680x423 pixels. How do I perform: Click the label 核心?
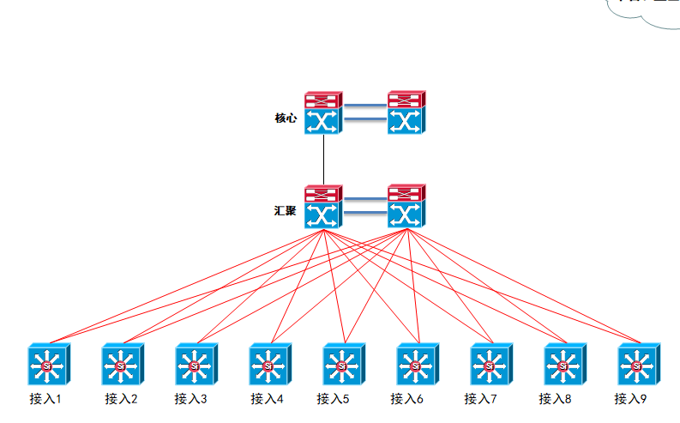(x=286, y=118)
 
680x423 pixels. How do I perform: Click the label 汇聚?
(x=286, y=210)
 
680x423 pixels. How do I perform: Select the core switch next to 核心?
(x=323, y=112)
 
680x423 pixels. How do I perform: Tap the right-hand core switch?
(x=406, y=112)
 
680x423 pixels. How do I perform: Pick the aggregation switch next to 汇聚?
(x=323, y=206)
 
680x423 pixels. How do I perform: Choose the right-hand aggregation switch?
(x=406, y=206)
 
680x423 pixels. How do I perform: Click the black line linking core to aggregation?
(x=323, y=160)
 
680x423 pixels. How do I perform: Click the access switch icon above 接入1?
(x=47, y=365)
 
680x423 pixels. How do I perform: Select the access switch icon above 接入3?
(x=195, y=365)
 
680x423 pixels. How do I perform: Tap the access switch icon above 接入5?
(x=342, y=365)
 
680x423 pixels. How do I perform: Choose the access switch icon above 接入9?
(x=637, y=365)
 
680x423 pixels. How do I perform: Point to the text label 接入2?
(x=121, y=399)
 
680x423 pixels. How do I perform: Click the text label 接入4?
(x=267, y=399)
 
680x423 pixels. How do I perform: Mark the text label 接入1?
(x=45, y=399)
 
